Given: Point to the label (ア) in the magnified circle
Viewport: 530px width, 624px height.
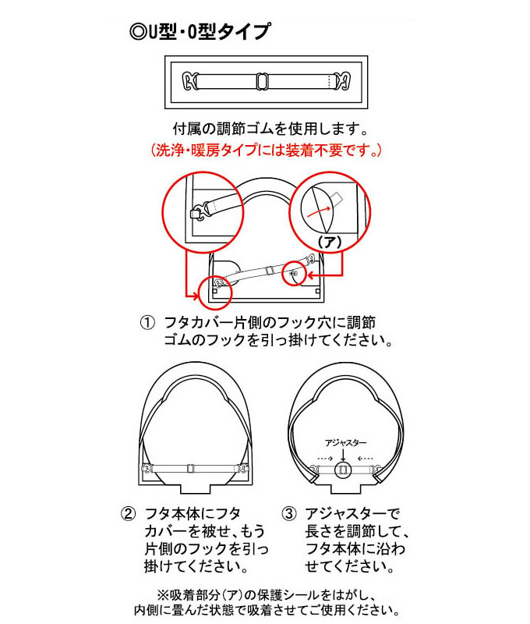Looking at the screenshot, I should tap(330, 243).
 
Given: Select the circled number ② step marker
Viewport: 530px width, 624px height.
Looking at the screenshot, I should tap(127, 514).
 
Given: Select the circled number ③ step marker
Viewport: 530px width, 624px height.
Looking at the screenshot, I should tap(288, 514).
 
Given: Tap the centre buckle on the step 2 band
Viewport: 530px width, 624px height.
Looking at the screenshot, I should tap(189, 469).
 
